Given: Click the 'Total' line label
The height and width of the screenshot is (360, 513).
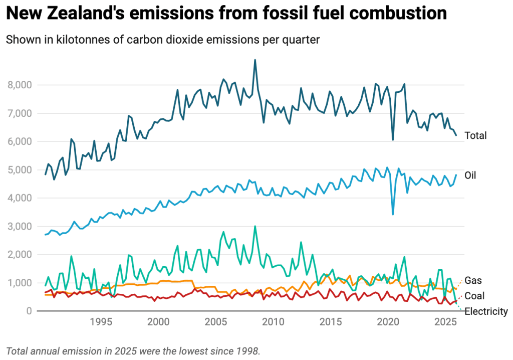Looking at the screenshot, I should [x=475, y=135].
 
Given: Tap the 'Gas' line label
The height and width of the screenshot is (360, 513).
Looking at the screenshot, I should [x=473, y=280].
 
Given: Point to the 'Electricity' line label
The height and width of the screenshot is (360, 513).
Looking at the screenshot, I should [x=486, y=311].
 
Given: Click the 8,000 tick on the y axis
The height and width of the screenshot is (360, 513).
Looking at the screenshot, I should [x=20, y=85].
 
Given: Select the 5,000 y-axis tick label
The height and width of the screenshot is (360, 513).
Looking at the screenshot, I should [x=20, y=170].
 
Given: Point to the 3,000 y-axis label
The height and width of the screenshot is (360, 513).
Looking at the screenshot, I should [x=20, y=227].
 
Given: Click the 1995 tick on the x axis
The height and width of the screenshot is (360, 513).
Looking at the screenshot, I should [x=101, y=321].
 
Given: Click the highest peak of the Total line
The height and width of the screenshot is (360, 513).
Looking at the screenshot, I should [x=255, y=60].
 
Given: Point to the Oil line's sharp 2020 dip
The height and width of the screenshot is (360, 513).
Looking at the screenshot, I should [x=393, y=214].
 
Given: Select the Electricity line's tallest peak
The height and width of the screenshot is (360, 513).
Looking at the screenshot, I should [x=255, y=226].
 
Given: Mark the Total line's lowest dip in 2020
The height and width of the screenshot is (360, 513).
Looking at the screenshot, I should [x=393, y=139].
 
